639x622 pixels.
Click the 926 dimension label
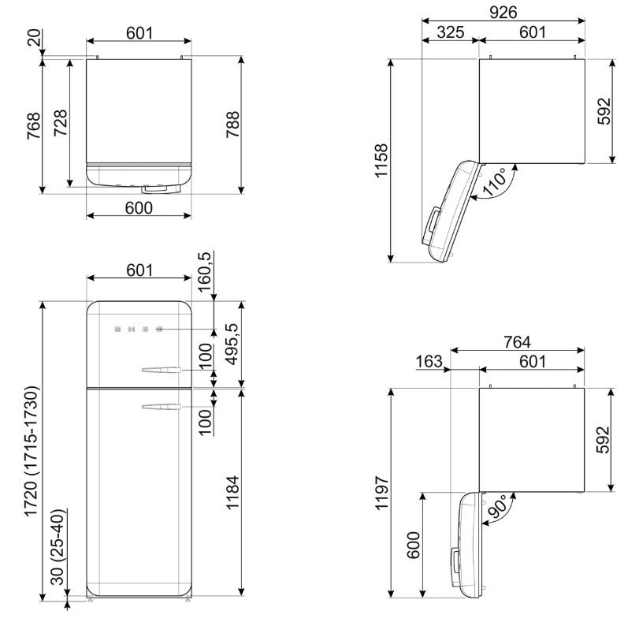click(503, 13)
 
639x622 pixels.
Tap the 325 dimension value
click(451, 32)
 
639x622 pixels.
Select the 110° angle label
click(494, 181)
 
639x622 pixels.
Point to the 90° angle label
click(497, 506)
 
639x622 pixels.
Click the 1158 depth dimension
click(381, 160)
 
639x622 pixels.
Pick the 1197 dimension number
click(382, 492)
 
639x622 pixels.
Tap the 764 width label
click(517, 342)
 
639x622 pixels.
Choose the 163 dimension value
click(429, 361)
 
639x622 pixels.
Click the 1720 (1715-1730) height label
click(32, 452)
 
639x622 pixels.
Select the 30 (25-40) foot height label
click(58, 547)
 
